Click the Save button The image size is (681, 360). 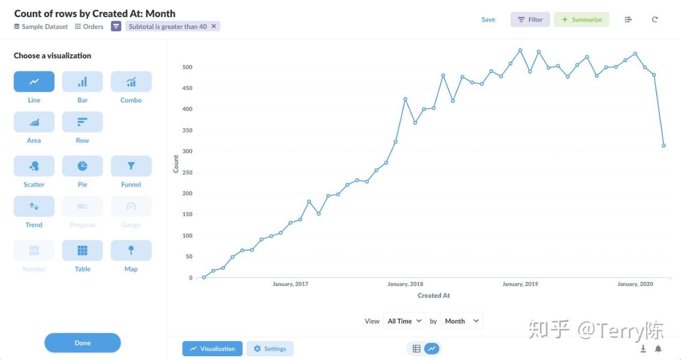(488, 20)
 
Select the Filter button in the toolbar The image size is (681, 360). (530, 20)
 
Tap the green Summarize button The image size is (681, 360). (581, 20)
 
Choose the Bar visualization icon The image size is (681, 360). (82, 82)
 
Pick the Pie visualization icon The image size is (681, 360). (82, 166)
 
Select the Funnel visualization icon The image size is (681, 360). (131, 166)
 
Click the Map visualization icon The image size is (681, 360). (131, 251)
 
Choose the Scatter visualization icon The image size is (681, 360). (34, 166)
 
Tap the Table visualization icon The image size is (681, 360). (82, 251)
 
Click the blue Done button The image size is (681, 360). (83, 343)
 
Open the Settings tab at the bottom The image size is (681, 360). (270, 349)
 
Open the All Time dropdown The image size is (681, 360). (405, 321)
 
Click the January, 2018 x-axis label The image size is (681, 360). (405, 284)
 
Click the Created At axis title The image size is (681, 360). (433, 296)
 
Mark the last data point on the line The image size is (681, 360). (664, 145)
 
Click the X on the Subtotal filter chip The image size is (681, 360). (214, 26)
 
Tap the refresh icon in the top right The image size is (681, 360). (655, 20)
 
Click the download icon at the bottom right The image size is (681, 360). (643, 349)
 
